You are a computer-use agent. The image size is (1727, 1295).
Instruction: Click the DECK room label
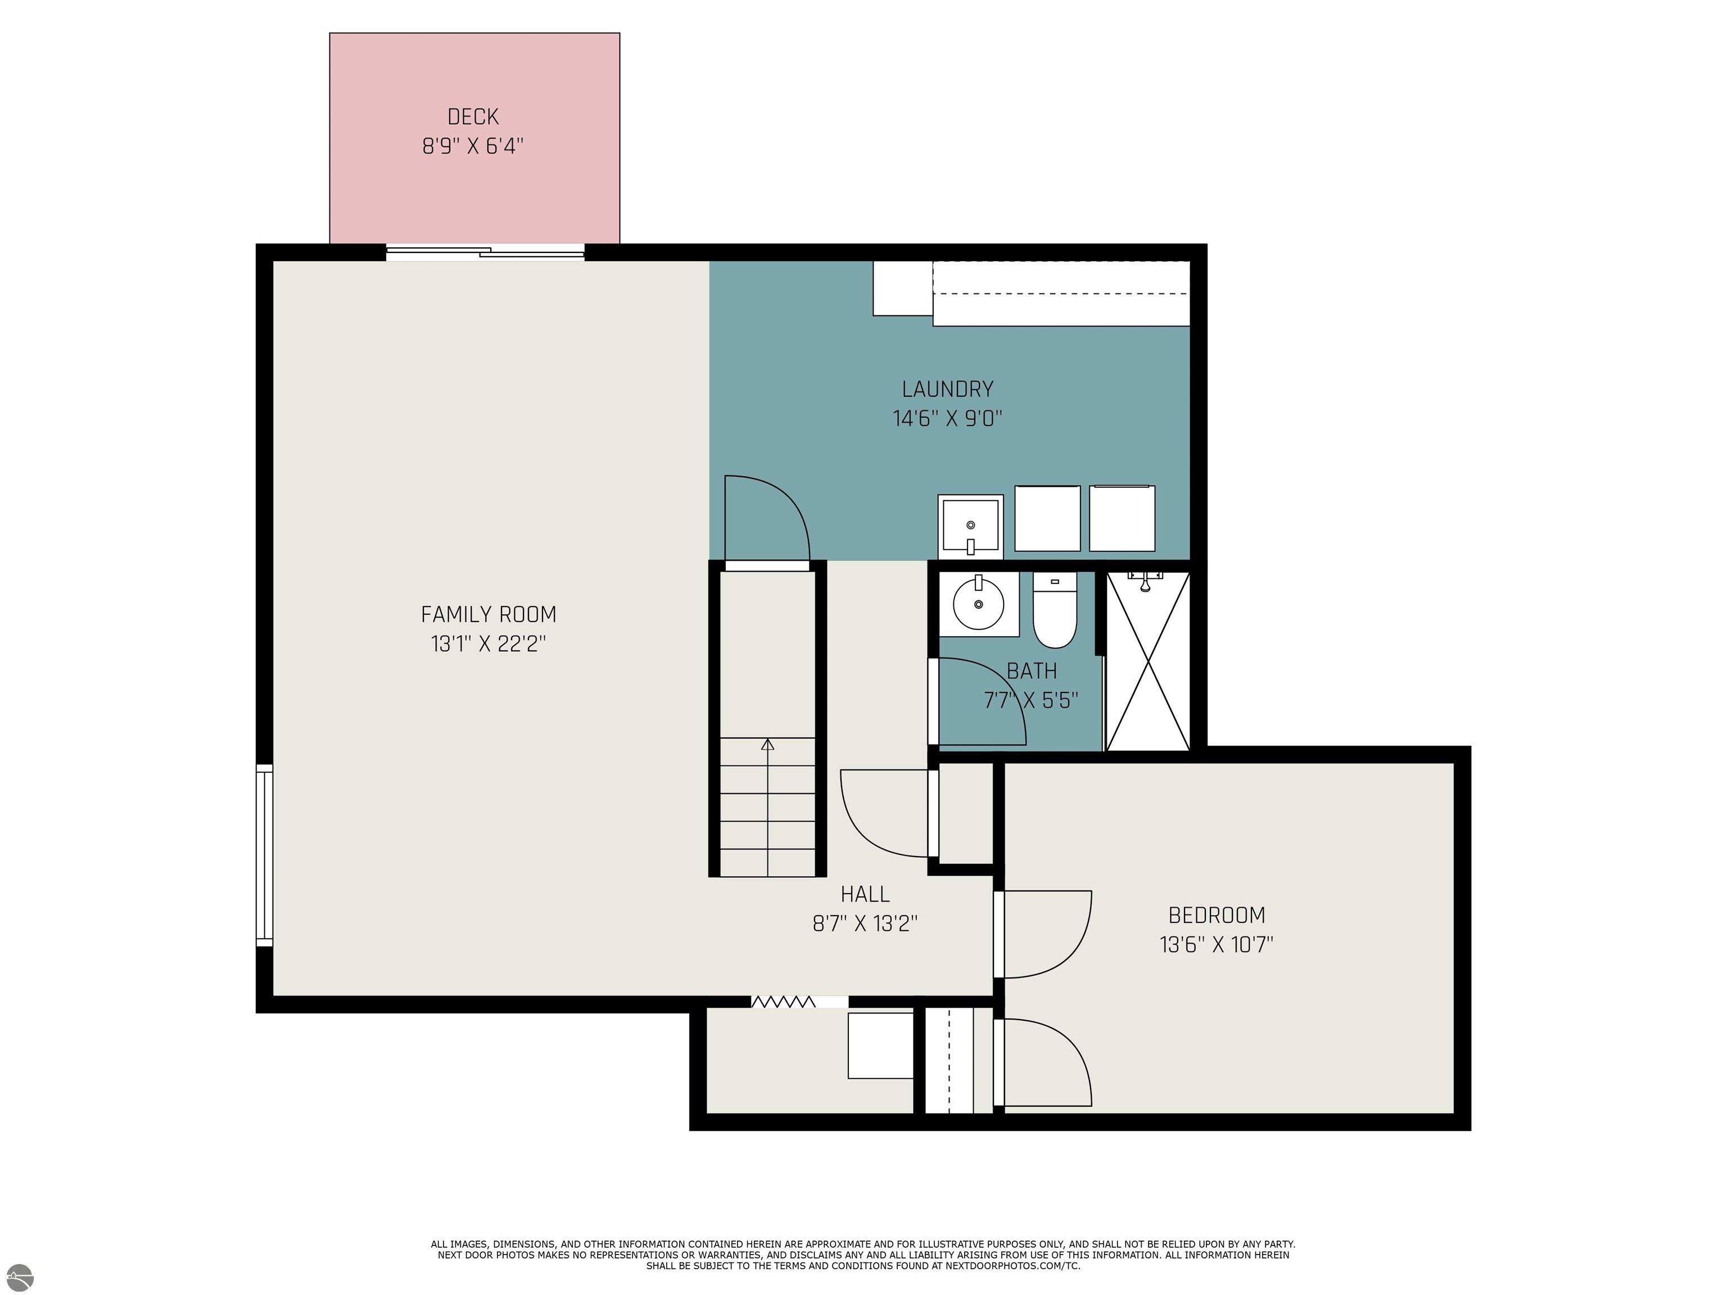pyautogui.click(x=473, y=117)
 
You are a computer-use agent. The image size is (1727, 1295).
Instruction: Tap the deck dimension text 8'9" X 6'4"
pyautogui.click(x=473, y=146)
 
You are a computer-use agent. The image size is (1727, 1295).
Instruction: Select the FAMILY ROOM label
pyautogui.click(x=489, y=614)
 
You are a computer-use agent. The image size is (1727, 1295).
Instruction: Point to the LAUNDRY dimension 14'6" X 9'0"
pyautogui.click(x=948, y=418)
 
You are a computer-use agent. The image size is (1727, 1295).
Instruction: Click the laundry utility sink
pyautogui.click(x=970, y=527)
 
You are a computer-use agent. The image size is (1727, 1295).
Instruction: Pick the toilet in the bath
pyautogui.click(x=1055, y=610)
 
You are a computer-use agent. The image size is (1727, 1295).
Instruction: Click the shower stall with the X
pyautogui.click(x=1148, y=661)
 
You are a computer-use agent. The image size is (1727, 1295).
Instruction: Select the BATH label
pyautogui.click(x=1032, y=671)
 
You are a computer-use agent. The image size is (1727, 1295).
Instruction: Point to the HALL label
pyautogui.click(x=865, y=894)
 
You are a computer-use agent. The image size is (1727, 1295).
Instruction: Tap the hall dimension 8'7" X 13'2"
pyautogui.click(x=865, y=923)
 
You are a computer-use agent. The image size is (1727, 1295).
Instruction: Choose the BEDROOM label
pyautogui.click(x=1217, y=915)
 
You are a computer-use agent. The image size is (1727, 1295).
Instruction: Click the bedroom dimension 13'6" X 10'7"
pyautogui.click(x=1217, y=944)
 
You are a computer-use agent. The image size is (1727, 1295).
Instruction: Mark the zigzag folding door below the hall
pyautogui.click(x=783, y=1002)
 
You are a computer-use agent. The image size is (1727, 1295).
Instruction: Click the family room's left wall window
pyautogui.click(x=265, y=855)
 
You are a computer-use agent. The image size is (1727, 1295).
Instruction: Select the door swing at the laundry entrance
pyautogui.click(x=767, y=518)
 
